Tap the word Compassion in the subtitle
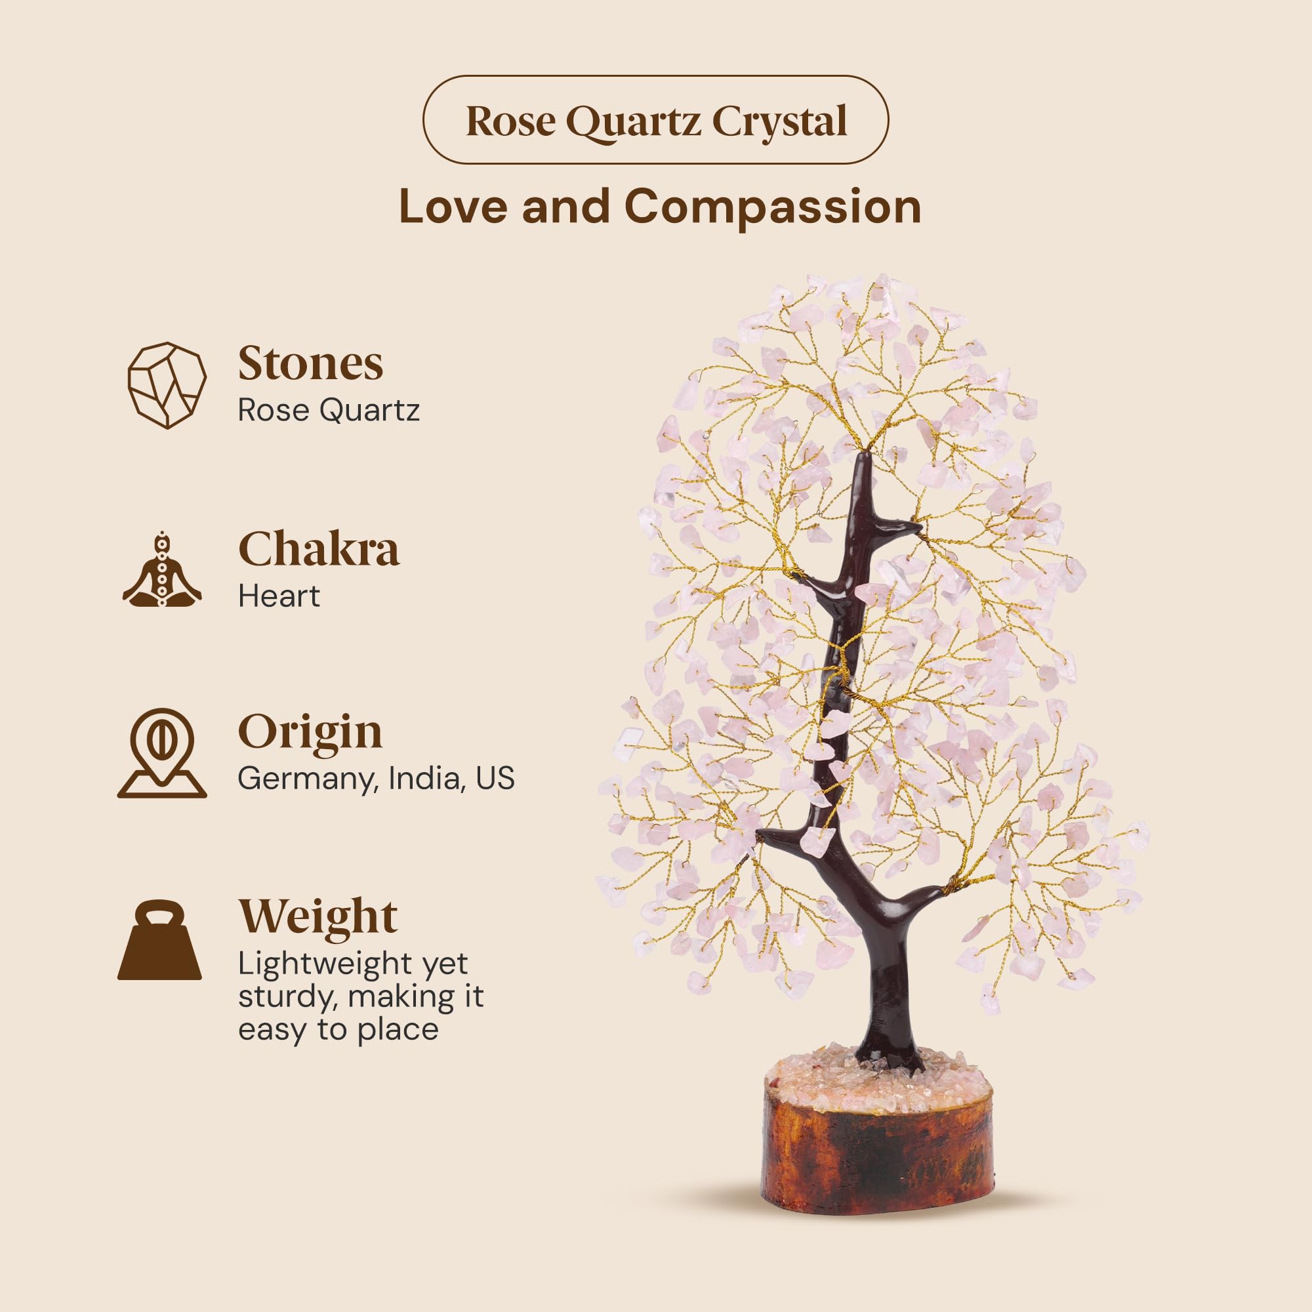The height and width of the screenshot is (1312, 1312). point(773,207)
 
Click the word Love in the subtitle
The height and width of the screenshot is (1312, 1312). point(453,207)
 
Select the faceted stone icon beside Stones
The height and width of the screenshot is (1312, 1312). point(167,385)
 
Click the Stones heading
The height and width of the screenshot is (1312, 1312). point(310,363)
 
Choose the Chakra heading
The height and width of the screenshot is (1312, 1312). point(319,548)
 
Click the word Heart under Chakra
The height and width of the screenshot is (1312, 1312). point(278,596)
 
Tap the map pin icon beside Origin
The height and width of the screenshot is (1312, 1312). point(162,752)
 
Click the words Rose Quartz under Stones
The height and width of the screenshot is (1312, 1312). point(329,410)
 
